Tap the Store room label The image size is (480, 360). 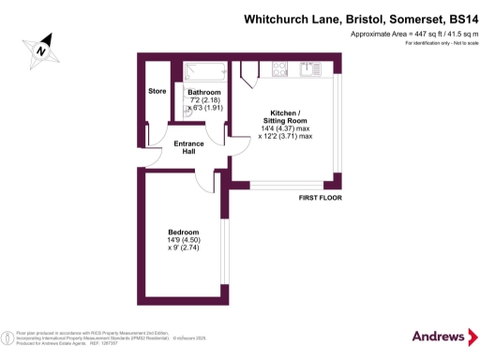point(157,91)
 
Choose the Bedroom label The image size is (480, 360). point(184,232)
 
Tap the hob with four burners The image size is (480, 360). point(279,67)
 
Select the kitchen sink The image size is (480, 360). point(310,67)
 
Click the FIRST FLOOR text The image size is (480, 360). point(320,199)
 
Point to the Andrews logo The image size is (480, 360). point(439,336)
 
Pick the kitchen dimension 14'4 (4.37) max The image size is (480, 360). point(285,128)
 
